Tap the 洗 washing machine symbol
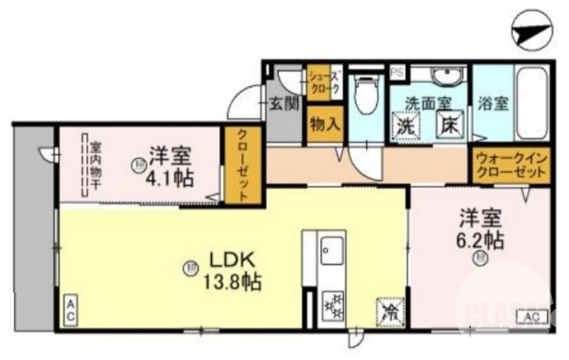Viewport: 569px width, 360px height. coord(407,128)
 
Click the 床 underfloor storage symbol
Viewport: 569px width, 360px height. coord(450,127)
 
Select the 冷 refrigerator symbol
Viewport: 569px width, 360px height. coord(389,310)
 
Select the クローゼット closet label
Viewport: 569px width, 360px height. coord(243,164)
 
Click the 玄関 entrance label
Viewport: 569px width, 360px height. coord(284,105)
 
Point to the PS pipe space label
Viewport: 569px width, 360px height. coord(397,72)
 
